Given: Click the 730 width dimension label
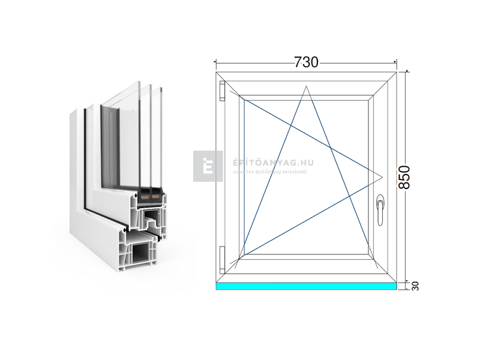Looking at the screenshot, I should coord(305,62).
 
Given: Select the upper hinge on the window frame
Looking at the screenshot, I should coord(222,91).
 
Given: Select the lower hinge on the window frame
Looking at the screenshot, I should coord(222,257).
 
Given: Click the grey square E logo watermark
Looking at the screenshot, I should coord(208,166).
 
